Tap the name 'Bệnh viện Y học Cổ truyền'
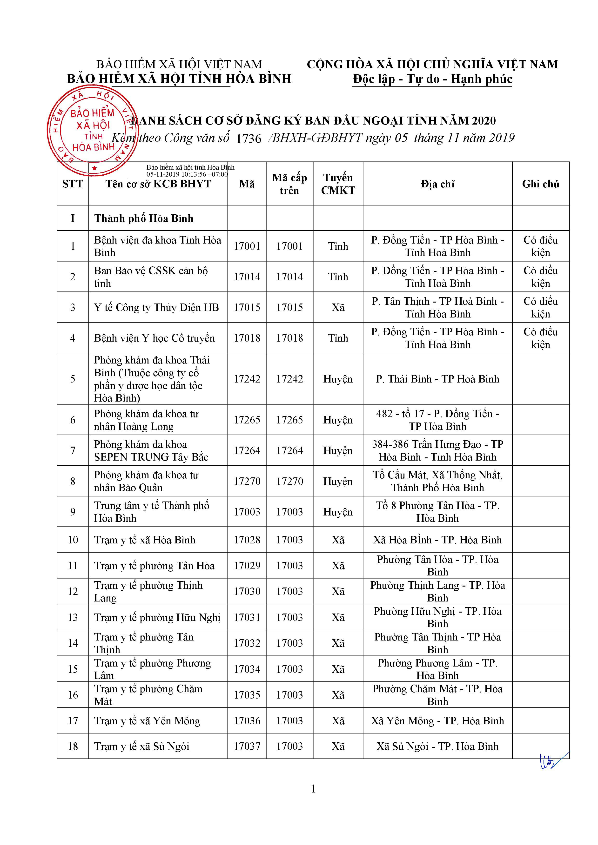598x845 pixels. (x=154, y=338)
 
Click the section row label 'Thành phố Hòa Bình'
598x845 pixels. (x=144, y=218)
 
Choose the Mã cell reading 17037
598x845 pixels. (x=247, y=746)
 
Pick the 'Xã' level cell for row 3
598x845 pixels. (x=338, y=307)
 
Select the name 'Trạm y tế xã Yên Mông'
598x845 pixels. (x=147, y=721)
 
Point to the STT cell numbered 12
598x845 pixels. (x=73, y=591)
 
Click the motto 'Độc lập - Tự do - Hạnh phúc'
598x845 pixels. (x=432, y=79)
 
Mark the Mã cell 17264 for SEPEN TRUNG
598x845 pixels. (x=247, y=450)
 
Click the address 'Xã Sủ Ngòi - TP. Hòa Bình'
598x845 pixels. (x=437, y=746)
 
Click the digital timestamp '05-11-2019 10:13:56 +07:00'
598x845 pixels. (x=187, y=174)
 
